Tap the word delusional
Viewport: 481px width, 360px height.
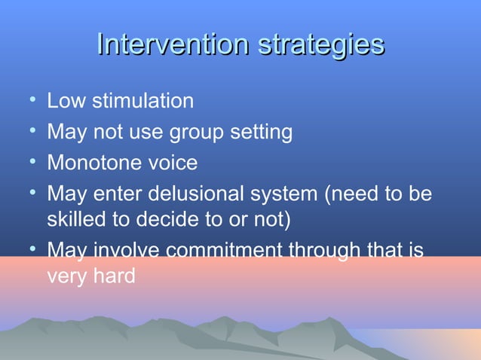pyautogui.click(x=193, y=194)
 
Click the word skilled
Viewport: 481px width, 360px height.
pyautogui.click(x=75, y=220)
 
